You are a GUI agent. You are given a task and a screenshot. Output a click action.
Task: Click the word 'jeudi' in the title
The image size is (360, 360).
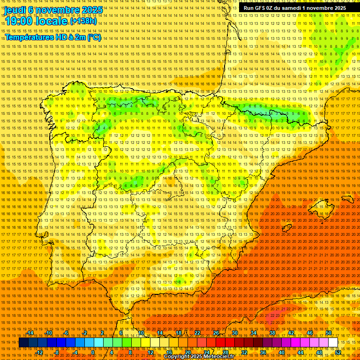[x=15, y=9]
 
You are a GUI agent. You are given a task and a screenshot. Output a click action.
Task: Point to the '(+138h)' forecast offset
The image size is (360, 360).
[x=83, y=21]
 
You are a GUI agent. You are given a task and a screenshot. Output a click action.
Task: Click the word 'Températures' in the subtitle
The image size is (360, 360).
[x=28, y=37]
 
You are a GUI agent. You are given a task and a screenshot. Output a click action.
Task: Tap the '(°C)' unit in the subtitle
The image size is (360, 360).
[x=94, y=37]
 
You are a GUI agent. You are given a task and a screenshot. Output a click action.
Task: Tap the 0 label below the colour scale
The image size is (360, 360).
[x=93, y=352]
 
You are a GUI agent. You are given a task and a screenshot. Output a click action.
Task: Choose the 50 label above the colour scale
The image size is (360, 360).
[x=329, y=333]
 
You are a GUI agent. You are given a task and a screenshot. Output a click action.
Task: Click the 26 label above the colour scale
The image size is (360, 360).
[x=216, y=333]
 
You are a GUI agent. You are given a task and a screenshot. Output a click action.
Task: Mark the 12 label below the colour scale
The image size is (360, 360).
[x=150, y=352]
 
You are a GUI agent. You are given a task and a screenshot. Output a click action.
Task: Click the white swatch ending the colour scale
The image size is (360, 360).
[x=333, y=343]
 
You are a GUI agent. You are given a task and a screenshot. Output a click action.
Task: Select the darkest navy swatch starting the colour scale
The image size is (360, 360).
[x=23, y=343]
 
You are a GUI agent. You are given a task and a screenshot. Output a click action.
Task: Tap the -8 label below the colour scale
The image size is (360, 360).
[x=57, y=352]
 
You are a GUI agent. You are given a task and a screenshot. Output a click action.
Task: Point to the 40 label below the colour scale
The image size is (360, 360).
[x=281, y=352]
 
